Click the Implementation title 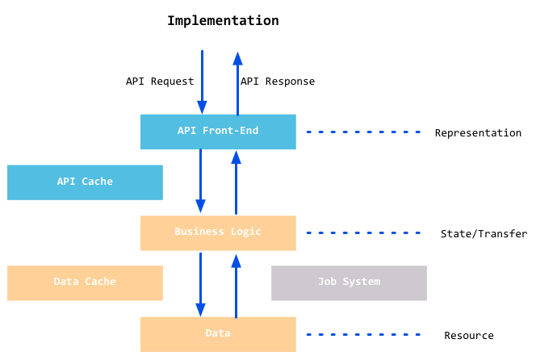click(223, 21)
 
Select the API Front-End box click(218, 132)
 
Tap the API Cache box click(85, 182)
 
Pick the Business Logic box click(218, 232)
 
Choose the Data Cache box click(85, 283)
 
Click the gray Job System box click(349, 283)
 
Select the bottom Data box click(218, 334)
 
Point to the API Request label click(160, 82)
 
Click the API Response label click(278, 82)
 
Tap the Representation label click(478, 133)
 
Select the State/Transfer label click(484, 234)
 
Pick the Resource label click(469, 336)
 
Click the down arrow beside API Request click(202, 82)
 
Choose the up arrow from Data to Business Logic click(236, 285)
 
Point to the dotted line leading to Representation click(363, 132)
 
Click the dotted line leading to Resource click(363, 334)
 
